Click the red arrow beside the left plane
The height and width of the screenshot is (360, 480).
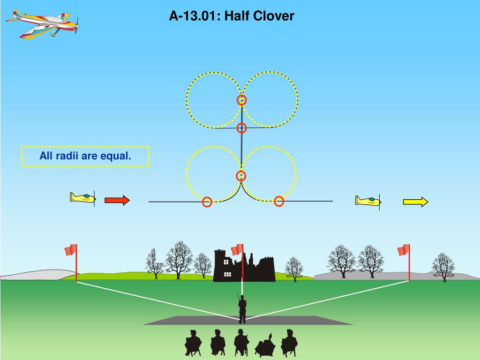point(117,201)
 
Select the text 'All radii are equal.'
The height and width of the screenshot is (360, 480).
point(85,156)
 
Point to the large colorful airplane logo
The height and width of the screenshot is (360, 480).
point(43,23)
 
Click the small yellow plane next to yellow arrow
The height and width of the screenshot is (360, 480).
point(368,201)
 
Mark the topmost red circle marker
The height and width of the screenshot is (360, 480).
point(241,100)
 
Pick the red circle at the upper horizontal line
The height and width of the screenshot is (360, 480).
point(241,128)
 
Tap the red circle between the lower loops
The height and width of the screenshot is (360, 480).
point(241,176)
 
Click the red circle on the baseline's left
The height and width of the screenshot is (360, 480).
point(207,202)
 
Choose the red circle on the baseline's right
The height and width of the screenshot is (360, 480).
point(279,202)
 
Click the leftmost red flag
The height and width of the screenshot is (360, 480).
point(71,250)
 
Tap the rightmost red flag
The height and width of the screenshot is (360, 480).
point(403,250)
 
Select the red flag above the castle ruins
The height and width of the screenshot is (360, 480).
point(237,249)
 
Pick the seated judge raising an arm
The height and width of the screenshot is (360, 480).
point(266,345)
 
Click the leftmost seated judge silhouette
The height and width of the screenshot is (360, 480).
point(193,343)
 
